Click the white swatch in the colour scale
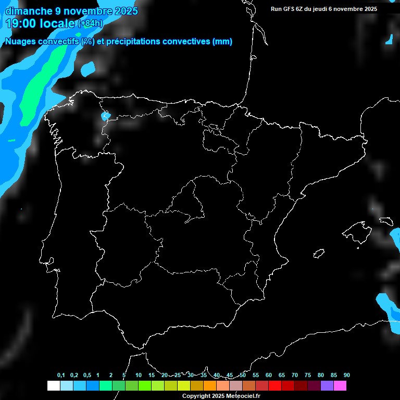tap(53, 385)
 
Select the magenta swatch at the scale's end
tap(340, 385)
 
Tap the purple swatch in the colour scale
tap(327, 385)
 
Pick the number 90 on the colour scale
tap(347, 376)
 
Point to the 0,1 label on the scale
tap(61, 376)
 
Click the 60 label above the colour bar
tap(269, 376)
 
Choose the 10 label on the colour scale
tap(139, 376)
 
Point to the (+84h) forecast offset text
tap(90, 23)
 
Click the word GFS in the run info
tap(289, 9)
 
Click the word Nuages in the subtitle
tap(20, 42)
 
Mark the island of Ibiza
tap(319, 253)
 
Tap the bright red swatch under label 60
tap(274, 385)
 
